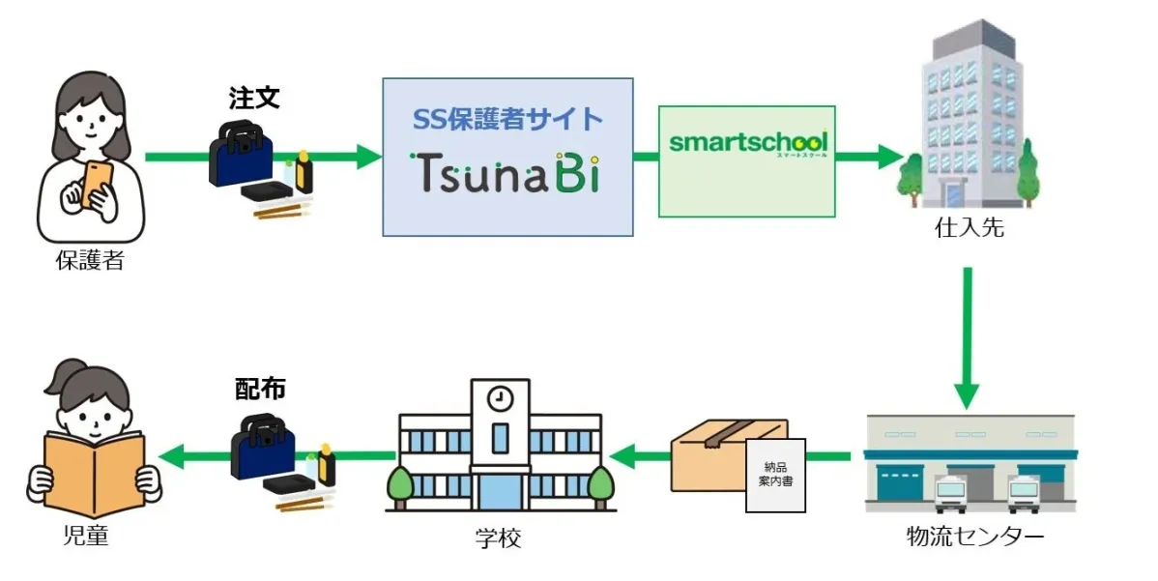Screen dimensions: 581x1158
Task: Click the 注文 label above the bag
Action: [254, 99]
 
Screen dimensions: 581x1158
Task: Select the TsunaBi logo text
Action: [507, 172]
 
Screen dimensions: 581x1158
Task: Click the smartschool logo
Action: [747, 144]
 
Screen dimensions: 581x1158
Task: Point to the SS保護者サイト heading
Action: [507, 119]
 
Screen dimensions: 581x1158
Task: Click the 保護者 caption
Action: [90, 260]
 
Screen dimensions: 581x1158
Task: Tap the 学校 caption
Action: [499, 537]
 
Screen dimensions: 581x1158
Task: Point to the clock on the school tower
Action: [499, 397]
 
